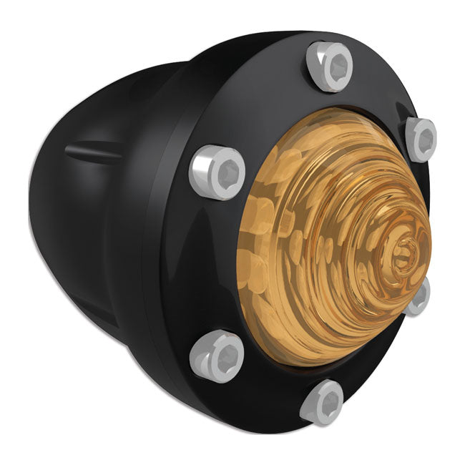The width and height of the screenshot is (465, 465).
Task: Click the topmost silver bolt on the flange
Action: (x=329, y=67)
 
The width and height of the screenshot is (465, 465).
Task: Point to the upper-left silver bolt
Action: (x=212, y=172)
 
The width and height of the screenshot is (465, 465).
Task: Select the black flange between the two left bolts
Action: (x=207, y=265)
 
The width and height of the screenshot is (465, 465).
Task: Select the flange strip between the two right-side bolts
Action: (x=429, y=215)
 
